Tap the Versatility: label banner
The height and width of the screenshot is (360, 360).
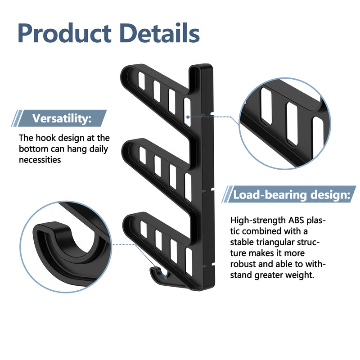(x=62, y=119)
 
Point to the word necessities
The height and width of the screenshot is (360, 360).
(x=40, y=159)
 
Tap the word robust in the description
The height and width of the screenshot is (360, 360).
(x=243, y=264)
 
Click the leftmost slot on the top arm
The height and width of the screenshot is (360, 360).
(x=142, y=81)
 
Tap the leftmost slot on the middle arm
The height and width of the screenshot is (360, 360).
(x=142, y=155)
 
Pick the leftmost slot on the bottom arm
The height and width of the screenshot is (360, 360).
(x=143, y=229)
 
